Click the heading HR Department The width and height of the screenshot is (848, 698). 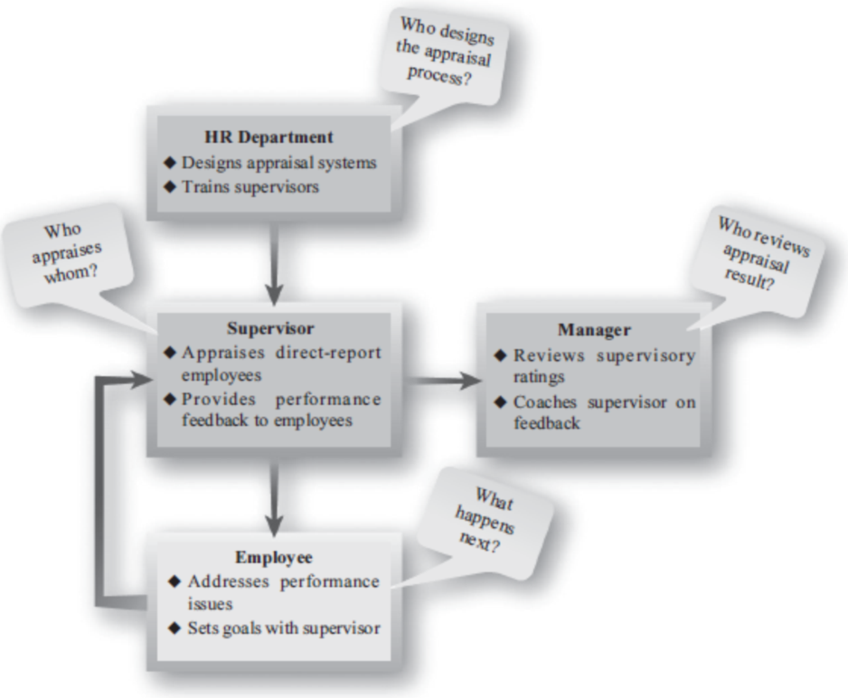point(269,138)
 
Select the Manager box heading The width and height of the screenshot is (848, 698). point(594,331)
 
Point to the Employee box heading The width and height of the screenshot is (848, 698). point(274,557)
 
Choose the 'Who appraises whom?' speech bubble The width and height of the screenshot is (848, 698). point(76,252)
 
